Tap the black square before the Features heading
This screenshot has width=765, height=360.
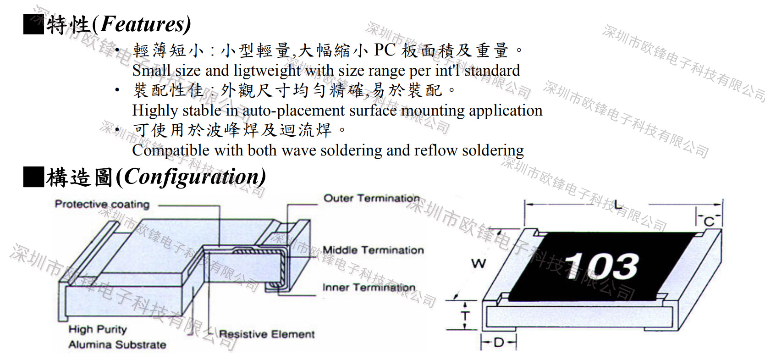coord(33,24)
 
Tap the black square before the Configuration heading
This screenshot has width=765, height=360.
coord(33,177)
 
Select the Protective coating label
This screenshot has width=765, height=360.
coord(102,204)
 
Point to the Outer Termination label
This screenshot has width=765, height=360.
coord(372,198)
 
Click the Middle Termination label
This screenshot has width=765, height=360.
coord(373,250)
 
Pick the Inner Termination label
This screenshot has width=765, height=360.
coord(369,288)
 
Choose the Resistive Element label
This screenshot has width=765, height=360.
coord(267,334)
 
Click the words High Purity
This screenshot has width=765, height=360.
coord(98,329)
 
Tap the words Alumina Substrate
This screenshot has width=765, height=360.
coord(117,344)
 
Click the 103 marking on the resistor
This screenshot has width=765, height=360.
coord(602,266)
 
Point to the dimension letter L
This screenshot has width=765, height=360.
coord(618,205)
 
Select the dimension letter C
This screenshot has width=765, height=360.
coord(710,222)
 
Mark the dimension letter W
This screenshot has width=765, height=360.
coord(479,263)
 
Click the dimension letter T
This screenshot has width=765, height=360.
coord(465,316)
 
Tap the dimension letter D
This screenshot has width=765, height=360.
coord(499,342)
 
